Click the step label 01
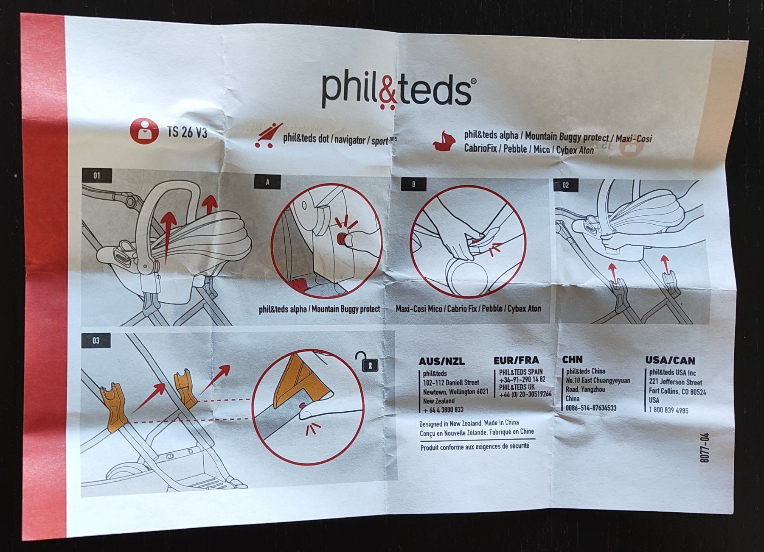97,176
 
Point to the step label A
268,182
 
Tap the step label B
414,184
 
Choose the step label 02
566,185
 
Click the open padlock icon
366,362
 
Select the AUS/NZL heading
441,362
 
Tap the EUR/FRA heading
516,360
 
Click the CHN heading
572,360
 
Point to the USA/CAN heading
670,361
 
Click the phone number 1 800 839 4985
669,410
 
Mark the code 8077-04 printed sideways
705,448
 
